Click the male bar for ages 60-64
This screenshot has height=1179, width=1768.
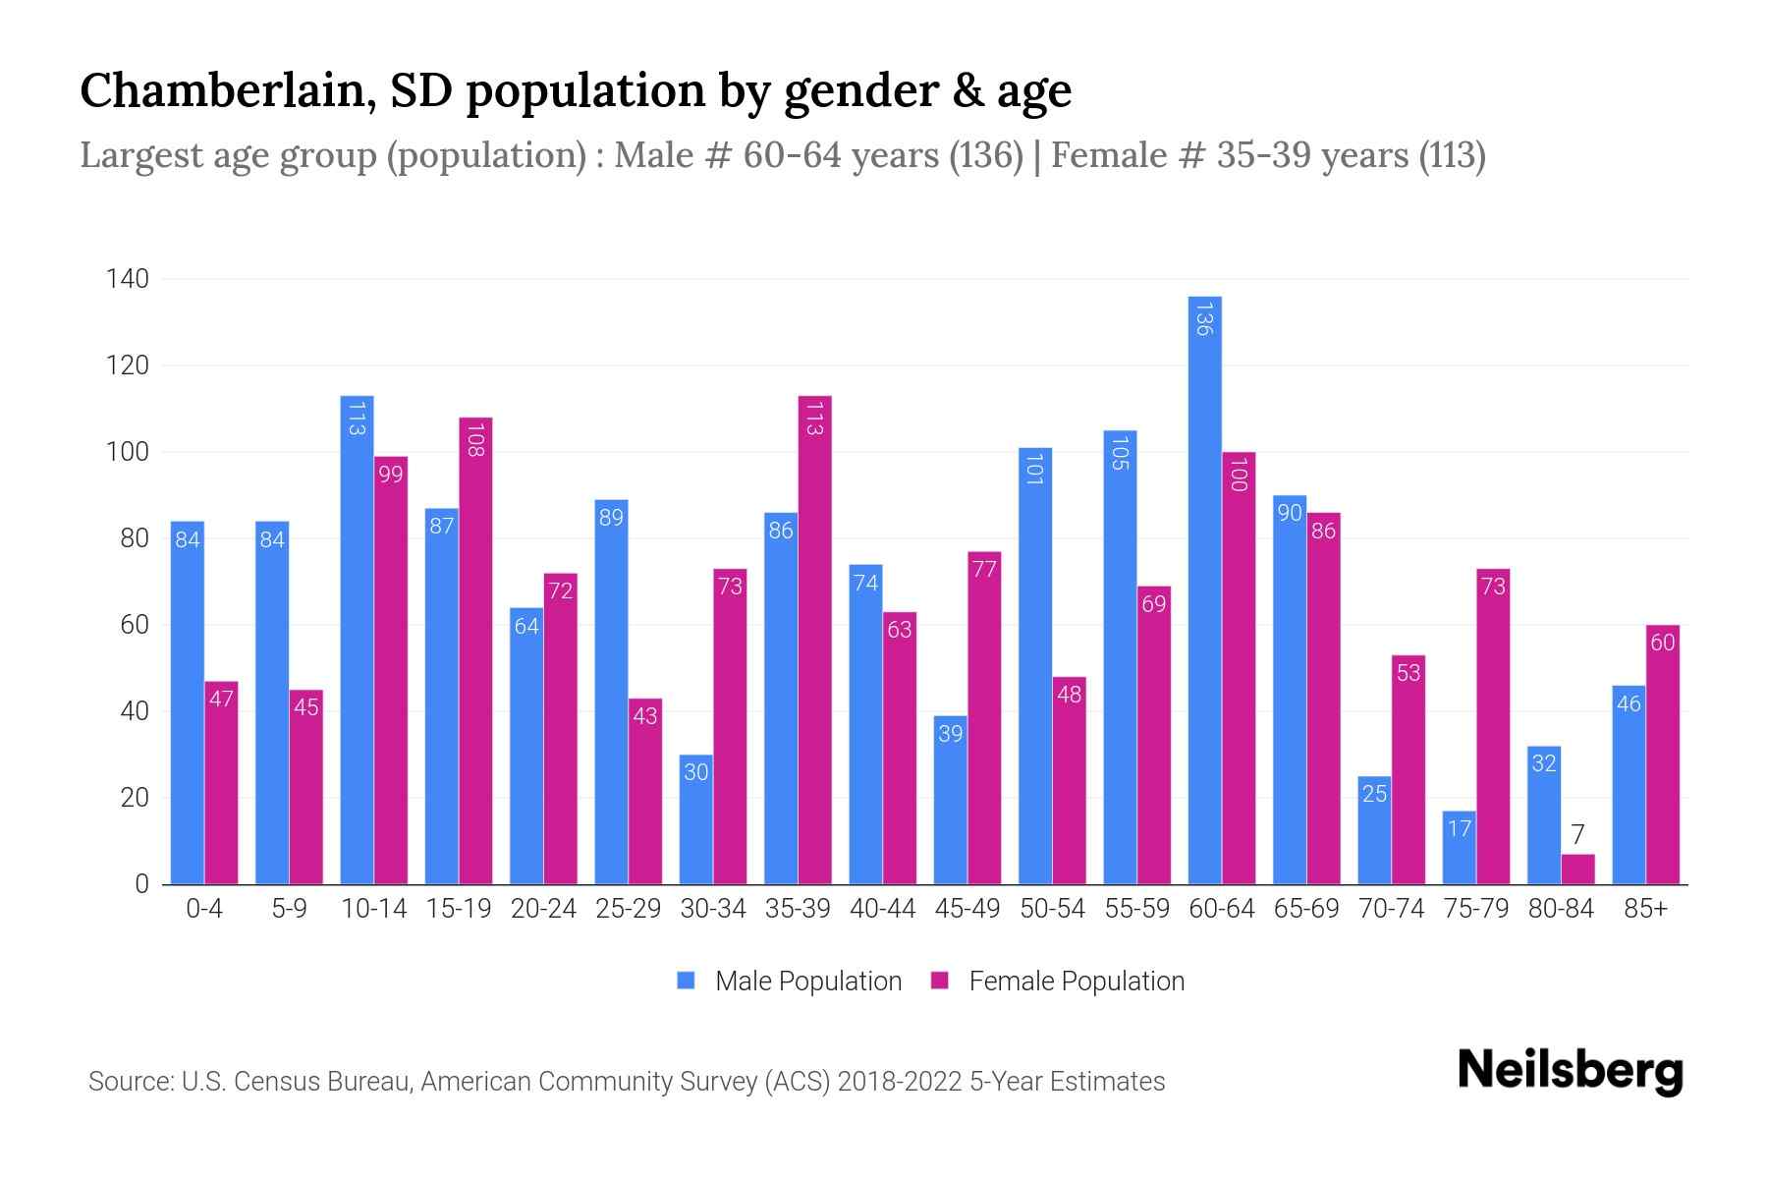(x=1204, y=589)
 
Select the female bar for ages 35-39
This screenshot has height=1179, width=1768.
(x=815, y=639)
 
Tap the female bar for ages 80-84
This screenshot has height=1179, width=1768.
(x=1577, y=870)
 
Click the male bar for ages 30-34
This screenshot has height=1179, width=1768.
(x=696, y=819)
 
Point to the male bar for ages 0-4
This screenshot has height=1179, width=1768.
(x=188, y=702)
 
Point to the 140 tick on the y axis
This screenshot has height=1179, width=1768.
(x=128, y=279)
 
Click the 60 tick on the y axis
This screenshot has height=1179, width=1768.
(x=135, y=625)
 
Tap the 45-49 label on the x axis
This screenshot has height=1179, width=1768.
(x=967, y=909)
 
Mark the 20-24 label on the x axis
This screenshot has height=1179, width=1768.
(x=543, y=909)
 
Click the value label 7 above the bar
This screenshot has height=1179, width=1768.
(x=1577, y=835)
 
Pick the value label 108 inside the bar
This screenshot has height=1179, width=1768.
(x=475, y=439)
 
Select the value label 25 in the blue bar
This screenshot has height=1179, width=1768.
(x=1374, y=793)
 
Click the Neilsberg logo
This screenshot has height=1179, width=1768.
(x=1570, y=1071)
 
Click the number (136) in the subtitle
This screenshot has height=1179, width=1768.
(x=986, y=155)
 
